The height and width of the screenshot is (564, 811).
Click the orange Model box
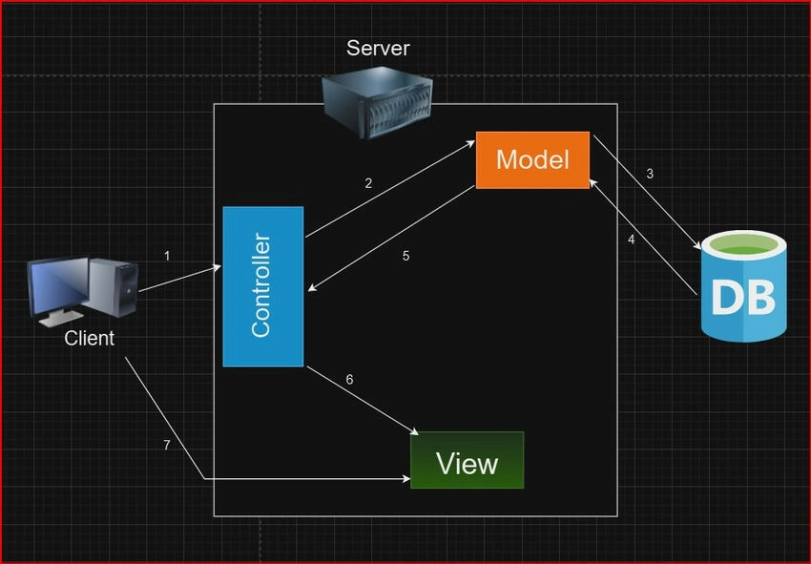pyautogui.click(x=532, y=160)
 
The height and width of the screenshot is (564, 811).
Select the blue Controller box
pyautogui.click(x=262, y=286)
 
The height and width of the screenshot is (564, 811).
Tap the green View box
pyautogui.click(x=468, y=460)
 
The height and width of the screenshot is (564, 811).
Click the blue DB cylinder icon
pyautogui.click(x=744, y=286)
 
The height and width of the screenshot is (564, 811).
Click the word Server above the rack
pyautogui.click(x=378, y=48)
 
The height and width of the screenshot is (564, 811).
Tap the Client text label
pyautogui.click(x=89, y=338)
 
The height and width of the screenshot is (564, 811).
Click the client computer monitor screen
pyautogui.click(x=58, y=284)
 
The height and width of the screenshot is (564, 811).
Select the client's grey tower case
pyautogui.click(x=113, y=287)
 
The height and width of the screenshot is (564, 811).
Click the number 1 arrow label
pyautogui.click(x=167, y=256)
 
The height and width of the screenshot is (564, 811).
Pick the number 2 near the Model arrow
pyautogui.click(x=368, y=183)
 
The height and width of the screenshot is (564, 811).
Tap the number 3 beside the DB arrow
pyautogui.click(x=650, y=174)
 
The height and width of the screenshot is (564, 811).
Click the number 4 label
pyautogui.click(x=631, y=240)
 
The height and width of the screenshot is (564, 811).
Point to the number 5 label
pyautogui.click(x=406, y=256)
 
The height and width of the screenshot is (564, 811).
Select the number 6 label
pyautogui.click(x=349, y=380)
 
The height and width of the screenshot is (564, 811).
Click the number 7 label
pyautogui.click(x=167, y=445)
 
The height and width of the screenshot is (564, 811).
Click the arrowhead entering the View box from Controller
pyautogui.click(x=413, y=431)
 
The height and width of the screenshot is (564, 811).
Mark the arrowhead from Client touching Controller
pyautogui.click(x=217, y=267)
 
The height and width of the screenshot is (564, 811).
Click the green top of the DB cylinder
pyautogui.click(x=744, y=250)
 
